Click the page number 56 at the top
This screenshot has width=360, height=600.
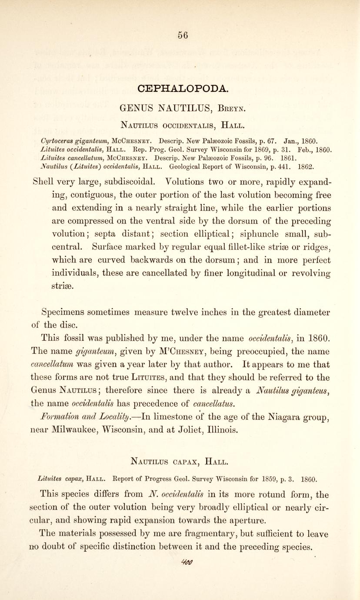(183, 36)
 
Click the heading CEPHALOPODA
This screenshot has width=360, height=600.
(182, 89)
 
